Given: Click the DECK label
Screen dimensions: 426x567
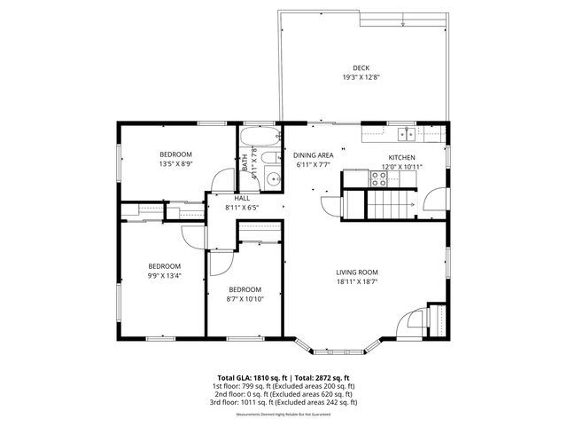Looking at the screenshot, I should [361, 68].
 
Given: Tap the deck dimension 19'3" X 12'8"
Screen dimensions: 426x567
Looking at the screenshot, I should [361, 77].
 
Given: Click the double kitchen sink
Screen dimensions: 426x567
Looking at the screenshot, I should [407, 134].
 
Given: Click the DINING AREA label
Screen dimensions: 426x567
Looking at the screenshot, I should [313, 155].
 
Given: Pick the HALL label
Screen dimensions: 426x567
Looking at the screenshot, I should [241, 198].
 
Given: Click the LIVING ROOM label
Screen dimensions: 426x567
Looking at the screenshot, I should [357, 272].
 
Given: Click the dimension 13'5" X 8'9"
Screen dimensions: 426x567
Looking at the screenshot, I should [175, 163].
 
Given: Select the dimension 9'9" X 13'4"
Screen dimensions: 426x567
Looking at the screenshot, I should [164, 275].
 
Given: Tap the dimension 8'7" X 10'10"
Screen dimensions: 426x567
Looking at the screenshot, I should [245, 298].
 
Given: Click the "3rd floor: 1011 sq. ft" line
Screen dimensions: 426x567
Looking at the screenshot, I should [283, 402].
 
